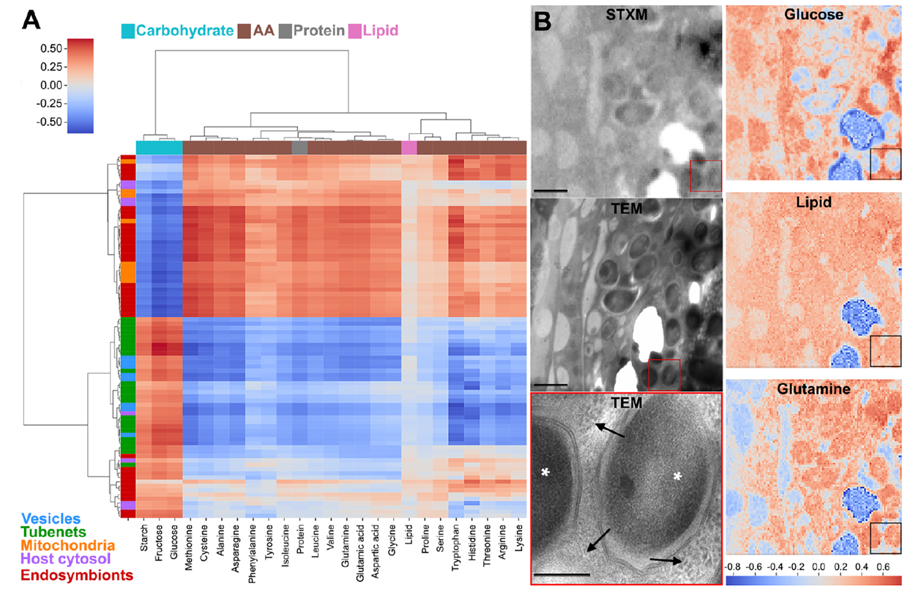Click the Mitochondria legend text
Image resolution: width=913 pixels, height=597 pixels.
pyautogui.click(x=69, y=546)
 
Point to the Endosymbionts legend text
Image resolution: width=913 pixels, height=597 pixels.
pyautogui.click(x=72, y=575)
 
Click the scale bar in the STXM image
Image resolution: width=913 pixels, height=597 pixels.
pyautogui.click(x=551, y=190)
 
